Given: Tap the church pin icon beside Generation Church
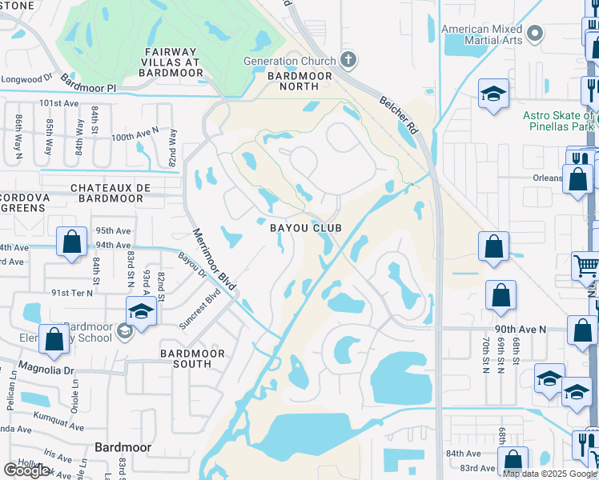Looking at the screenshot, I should click(348, 59).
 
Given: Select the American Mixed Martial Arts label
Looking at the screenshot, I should click(482, 35).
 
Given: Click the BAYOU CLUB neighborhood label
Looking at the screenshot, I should click(306, 228).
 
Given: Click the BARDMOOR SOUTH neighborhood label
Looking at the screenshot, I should click(186, 358).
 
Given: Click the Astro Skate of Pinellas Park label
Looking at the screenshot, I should click(559, 121).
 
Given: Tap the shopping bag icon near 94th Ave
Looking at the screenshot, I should click(72, 242).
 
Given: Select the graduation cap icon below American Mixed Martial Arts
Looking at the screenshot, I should click(494, 94).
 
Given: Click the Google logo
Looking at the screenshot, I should click(26, 470).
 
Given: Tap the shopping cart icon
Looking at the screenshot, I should click(586, 265).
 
